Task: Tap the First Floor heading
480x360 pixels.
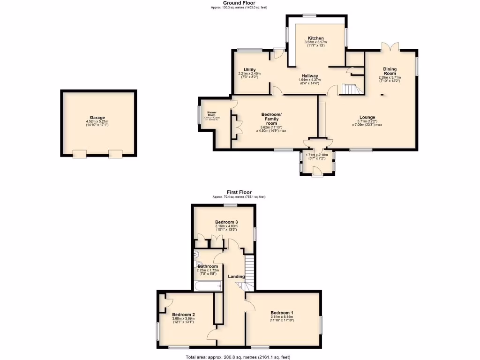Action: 239,192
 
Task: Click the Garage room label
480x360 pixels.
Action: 97,118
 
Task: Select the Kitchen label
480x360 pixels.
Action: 316,38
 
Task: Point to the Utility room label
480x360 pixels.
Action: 249,70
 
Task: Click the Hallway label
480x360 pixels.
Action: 309,76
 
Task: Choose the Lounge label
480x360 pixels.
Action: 367,117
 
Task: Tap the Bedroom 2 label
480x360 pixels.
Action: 183,315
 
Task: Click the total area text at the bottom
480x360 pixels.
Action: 239,357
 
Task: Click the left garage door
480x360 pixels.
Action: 80,154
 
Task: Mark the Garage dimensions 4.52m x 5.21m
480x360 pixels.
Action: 97,122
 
